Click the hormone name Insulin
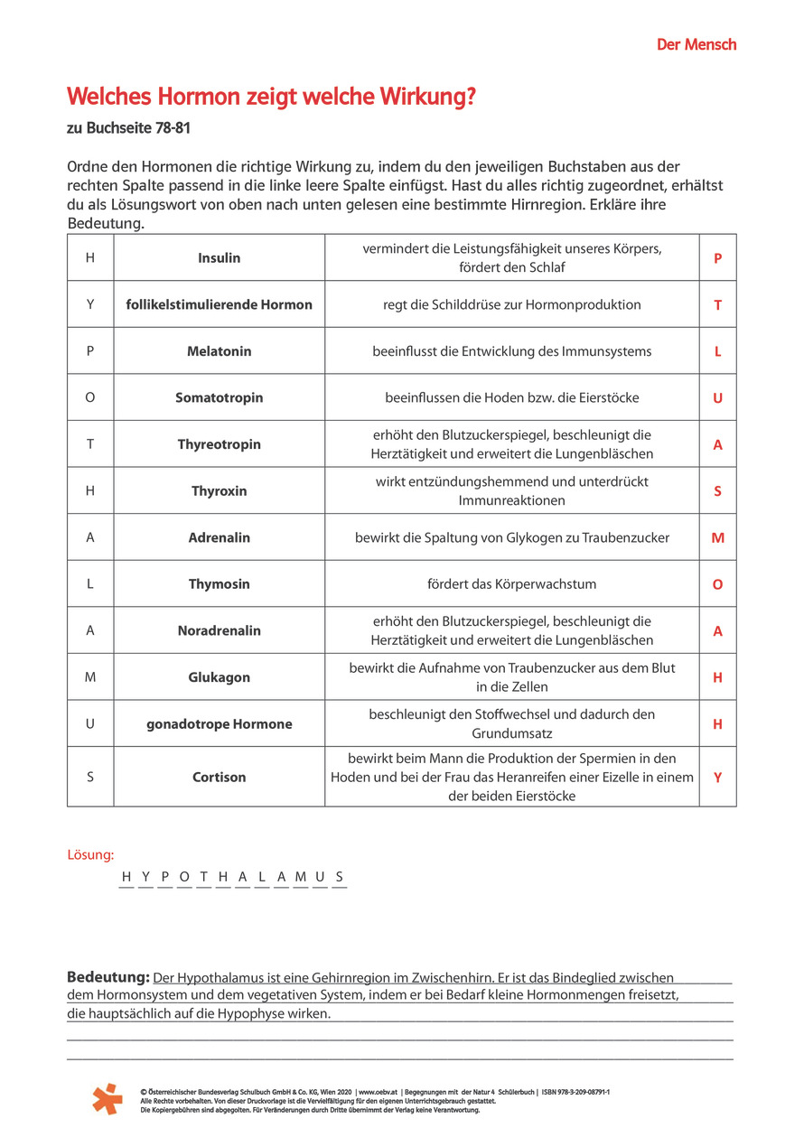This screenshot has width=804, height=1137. click(220, 258)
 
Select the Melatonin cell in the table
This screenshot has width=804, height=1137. click(220, 351)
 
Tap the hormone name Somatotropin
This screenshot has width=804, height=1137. click(220, 398)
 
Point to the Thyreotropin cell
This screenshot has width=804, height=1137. click(220, 444)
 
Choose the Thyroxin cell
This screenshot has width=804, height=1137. click(220, 491)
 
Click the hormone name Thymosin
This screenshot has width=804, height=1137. click(220, 584)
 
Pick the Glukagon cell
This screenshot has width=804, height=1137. click(220, 677)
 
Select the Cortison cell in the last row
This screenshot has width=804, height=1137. click(220, 777)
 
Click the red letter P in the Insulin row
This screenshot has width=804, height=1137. click(717, 258)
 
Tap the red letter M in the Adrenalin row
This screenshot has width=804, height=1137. click(717, 538)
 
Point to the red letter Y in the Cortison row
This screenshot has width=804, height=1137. click(717, 777)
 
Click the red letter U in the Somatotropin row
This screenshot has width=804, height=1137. click(717, 398)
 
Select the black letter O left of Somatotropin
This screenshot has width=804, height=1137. click(90, 398)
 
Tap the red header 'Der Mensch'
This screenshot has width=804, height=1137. click(696, 44)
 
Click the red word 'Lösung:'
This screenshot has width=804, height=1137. click(90, 854)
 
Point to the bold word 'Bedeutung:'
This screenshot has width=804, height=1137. click(108, 977)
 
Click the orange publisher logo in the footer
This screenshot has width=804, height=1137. click(108, 1098)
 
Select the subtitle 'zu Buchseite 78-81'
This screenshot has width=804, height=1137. click(128, 129)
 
